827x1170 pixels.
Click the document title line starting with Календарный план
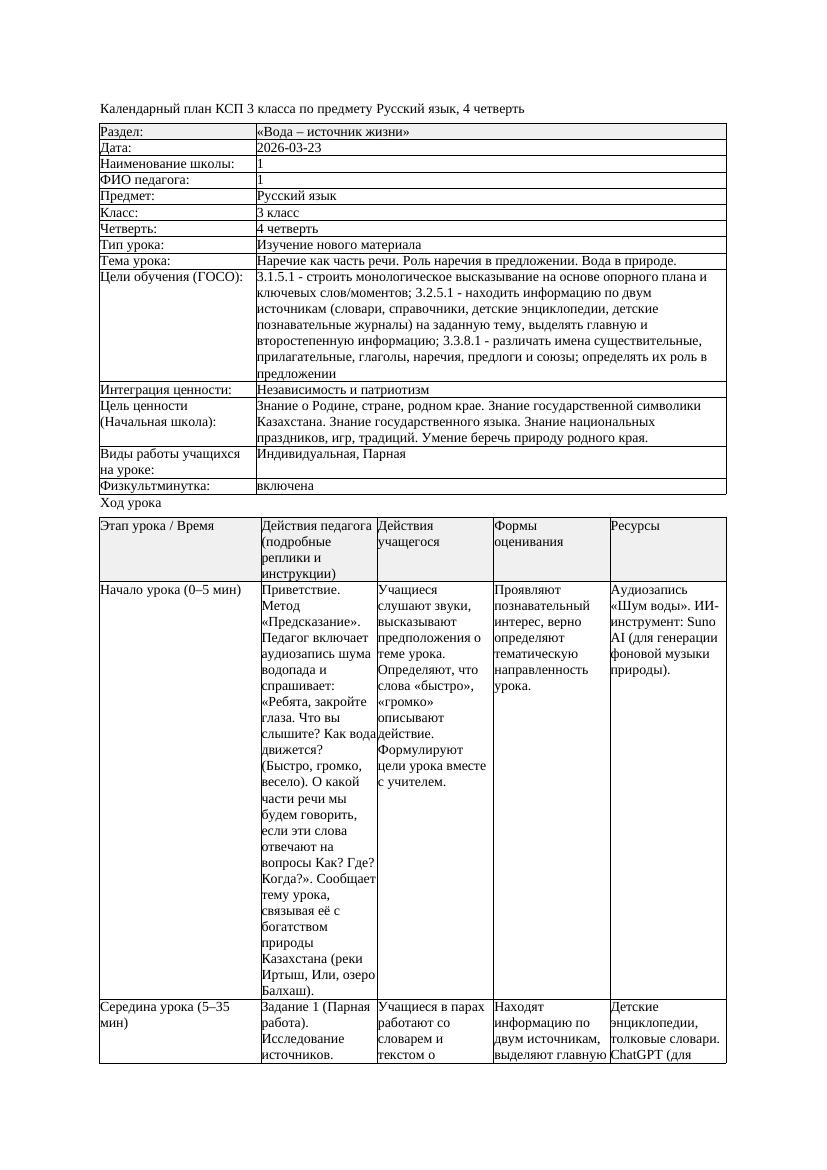tap(312, 108)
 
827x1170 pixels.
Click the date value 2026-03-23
tap(289, 148)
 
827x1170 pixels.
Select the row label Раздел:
tap(122, 132)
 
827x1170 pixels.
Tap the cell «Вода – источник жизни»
tap(333, 132)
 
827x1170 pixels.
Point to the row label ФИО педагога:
tap(146, 180)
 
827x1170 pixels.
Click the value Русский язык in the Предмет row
tap(297, 196)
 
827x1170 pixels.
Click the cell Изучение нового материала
tap(339, 244)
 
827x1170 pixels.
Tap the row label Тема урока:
tap(136, 261)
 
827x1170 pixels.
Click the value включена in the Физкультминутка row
tap(285, 486)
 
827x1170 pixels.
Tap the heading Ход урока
tap(131, 504)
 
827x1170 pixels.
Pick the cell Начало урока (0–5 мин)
tap(171, 590)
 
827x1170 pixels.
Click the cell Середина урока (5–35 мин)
tap(166, 1015)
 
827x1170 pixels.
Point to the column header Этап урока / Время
tap(157, 526)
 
